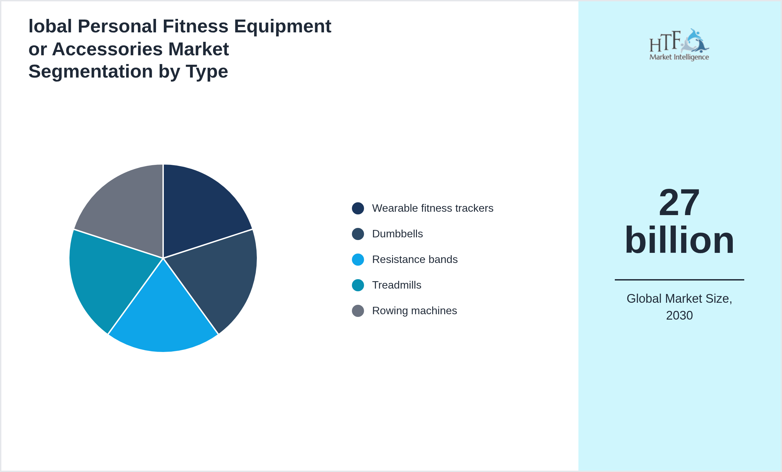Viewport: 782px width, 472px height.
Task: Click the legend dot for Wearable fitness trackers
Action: coord(358,208)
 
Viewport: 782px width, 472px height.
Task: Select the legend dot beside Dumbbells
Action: coord(358,234)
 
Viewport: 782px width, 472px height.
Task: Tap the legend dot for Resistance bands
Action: coord(358,260)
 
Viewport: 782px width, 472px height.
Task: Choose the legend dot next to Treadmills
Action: coord(358,285)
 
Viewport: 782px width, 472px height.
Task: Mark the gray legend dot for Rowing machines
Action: coord(358,311)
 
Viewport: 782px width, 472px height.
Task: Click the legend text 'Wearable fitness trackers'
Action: coord(432,208)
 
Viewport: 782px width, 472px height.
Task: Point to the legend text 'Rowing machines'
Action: coord(414,311)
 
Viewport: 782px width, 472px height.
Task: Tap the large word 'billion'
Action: coord(679,240)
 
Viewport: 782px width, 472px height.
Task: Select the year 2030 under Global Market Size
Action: coord(679,316)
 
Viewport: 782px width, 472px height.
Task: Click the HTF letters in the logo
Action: coord(665,42)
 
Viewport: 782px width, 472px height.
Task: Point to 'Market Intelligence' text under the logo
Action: coord(679,57)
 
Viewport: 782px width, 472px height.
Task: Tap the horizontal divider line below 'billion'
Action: coord(679,280)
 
